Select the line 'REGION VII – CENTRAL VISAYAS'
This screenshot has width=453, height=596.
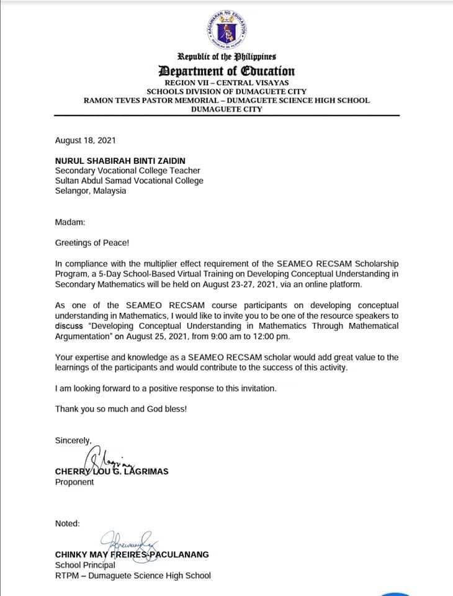click(x=226, y=83)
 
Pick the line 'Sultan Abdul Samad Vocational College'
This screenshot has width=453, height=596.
click(x=129, y=181)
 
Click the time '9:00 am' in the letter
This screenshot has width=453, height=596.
click(x=222, y=336)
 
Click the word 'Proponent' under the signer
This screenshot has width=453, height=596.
click(x=74, y=482)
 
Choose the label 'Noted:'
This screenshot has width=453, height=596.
click(x=67, y=523)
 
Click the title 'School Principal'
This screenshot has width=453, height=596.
click(x=85, y=565)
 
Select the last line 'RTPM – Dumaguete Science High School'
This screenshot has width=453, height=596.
click(x=133, y=576)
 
